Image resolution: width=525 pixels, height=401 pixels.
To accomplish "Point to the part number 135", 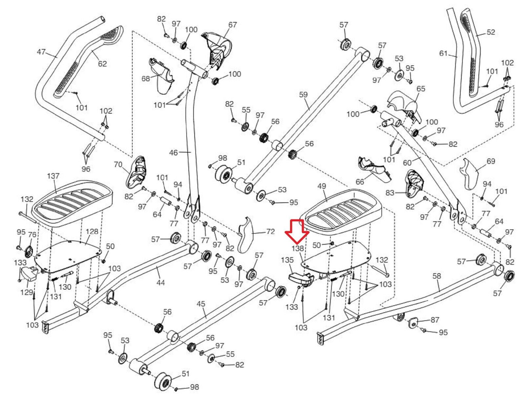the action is [287, 260].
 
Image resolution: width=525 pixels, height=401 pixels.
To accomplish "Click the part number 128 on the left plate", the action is [92, 232].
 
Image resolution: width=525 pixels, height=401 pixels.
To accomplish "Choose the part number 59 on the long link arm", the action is [303, 95].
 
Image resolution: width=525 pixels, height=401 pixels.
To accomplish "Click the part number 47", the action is [41, 52].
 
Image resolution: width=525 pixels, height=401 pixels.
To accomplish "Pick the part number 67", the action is [233, 25].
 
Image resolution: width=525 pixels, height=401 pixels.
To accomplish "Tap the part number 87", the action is [434, 320].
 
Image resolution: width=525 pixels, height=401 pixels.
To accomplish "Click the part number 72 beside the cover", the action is [270, 232].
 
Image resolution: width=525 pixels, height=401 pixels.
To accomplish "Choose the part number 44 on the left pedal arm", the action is [160, 283].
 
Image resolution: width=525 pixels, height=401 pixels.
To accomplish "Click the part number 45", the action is [201, 304].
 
